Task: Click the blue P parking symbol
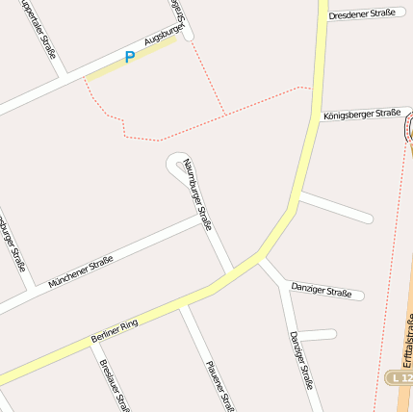pos(129,58)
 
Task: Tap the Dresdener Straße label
pos(361,13)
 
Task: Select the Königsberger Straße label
pos(362,114)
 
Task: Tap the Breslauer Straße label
pos(114,386)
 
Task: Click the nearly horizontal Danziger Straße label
pos(322,289)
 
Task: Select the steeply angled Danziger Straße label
pos(301,359)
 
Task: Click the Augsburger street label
pos(163,37)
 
